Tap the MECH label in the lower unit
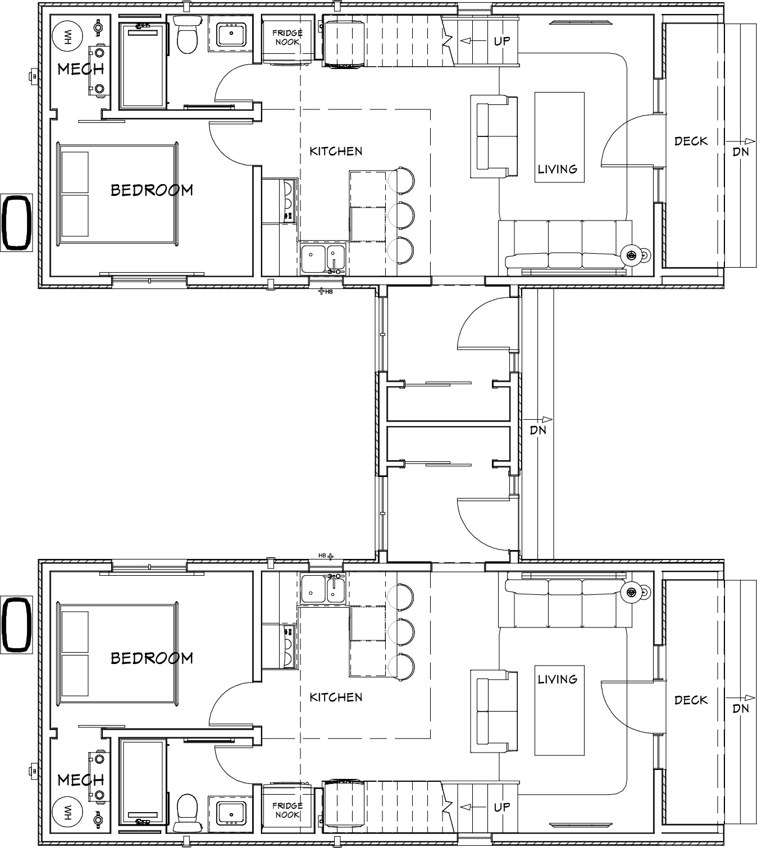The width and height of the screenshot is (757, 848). pos(80,780)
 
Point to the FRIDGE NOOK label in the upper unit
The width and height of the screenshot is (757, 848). pos(288,37)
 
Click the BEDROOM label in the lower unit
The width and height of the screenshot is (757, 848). pos(152,658)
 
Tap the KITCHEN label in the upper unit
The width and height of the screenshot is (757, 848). pos(336,151)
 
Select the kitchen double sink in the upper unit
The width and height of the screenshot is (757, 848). pos(323,259)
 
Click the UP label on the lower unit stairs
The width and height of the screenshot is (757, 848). pos(502,808)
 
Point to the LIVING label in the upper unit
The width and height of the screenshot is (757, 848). pos(558,169)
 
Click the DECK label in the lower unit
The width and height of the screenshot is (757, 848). pos(691,700)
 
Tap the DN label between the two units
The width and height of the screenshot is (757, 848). pos(538,430)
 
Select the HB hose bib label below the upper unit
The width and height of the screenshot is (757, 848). pos(329,292)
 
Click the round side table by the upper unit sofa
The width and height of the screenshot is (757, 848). pos(631,255)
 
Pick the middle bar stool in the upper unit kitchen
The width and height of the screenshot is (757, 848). pos(402,216)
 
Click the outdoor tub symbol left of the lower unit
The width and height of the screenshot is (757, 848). pos(16,625)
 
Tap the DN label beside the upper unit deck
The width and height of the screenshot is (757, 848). pos(741,152)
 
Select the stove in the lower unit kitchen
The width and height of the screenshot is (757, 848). pos(280,647)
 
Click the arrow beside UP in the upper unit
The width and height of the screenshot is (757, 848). pos(471,41)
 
